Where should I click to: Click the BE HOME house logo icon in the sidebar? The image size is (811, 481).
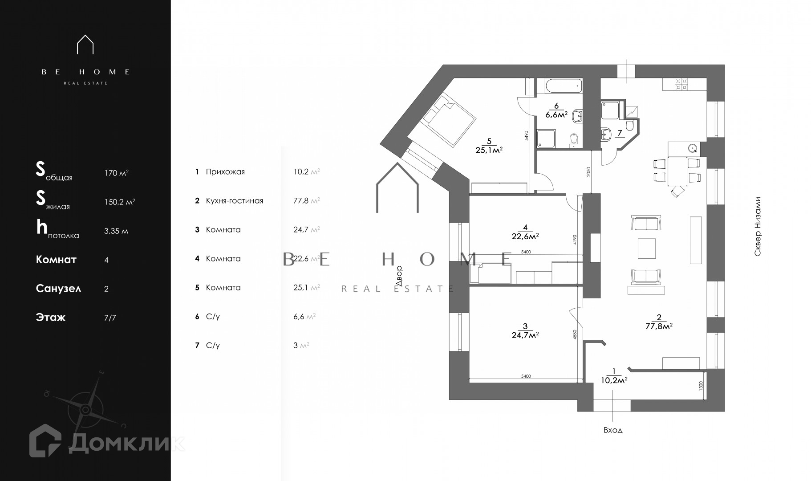click(85, 45)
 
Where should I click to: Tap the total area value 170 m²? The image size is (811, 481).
click(116, 173)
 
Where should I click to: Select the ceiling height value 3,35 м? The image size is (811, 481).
click(116, 231)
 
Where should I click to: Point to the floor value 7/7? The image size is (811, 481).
click(109, 318)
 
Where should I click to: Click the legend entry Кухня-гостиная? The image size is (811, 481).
click(234, 201)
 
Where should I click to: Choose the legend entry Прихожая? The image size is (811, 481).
click(225, 172)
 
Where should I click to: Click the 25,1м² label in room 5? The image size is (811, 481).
click(489, 150)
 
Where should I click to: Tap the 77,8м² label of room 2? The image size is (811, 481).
click(658, 326)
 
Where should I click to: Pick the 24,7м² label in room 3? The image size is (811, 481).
click(525, 334)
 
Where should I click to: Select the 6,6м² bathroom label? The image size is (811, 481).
click(556, 114)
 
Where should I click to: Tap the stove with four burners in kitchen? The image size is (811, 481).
click(681, 85)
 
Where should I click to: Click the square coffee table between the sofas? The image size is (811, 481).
click(646, 248)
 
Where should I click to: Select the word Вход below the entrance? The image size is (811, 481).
click(613, 430)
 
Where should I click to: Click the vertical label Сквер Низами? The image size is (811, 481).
click(758, 226)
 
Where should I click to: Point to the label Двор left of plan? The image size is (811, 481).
click(399, 275)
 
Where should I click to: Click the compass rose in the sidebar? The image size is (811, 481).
click(86, 408)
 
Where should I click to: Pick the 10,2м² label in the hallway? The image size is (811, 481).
click(614, 380)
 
